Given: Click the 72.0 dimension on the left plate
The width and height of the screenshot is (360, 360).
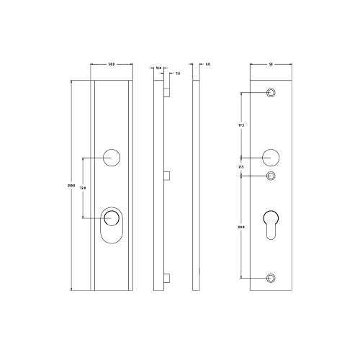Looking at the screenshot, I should [83, 188].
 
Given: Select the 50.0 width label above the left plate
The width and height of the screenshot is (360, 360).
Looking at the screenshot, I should [112, 65].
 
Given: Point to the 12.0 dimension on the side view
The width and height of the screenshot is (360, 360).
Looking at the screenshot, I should [158, 68].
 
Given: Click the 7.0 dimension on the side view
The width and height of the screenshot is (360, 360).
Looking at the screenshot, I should [177, 73].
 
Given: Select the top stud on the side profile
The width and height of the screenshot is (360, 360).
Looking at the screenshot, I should [167, 92].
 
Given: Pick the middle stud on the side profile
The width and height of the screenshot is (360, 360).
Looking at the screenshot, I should [167, 175].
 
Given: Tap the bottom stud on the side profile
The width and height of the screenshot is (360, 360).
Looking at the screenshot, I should [167, 279].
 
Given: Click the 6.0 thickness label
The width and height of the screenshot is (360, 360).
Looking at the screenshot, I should [207, 65].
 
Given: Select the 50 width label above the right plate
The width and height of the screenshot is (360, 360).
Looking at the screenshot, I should [271, 65].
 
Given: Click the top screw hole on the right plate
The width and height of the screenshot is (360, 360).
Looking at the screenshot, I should [271, 93].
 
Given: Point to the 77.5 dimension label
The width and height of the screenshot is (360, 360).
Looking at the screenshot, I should [240, 125].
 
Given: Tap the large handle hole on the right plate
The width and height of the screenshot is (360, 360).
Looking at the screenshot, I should [271, 156].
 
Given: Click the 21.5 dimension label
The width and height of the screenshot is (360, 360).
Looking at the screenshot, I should [240, 167].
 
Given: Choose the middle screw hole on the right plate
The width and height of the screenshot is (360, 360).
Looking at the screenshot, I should [271, 176].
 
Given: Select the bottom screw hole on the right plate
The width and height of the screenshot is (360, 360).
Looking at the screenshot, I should [271, 278].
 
